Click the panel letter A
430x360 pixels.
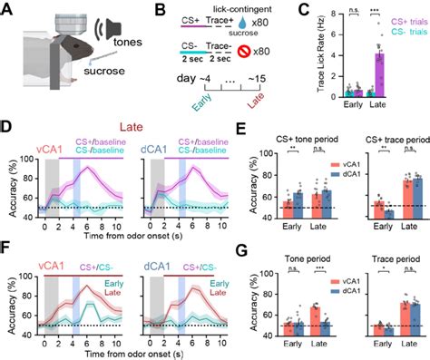point(7,9)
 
